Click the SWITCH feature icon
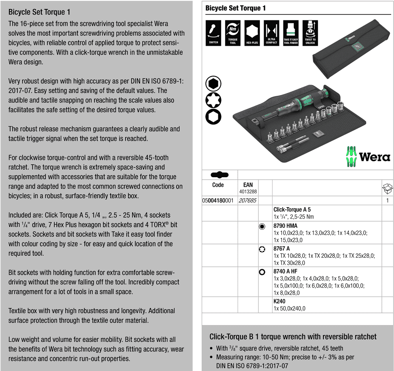213,33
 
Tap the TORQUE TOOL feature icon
233,33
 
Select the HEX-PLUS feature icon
252,33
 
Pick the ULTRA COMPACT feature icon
271,33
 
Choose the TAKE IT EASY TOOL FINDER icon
291,33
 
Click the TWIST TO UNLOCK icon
310,33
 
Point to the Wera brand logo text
375,157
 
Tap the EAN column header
248,185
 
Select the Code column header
218,185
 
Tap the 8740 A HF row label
285,272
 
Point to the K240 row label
279,301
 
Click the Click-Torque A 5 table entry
292,210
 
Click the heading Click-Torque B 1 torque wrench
293,337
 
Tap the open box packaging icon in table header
387,189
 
